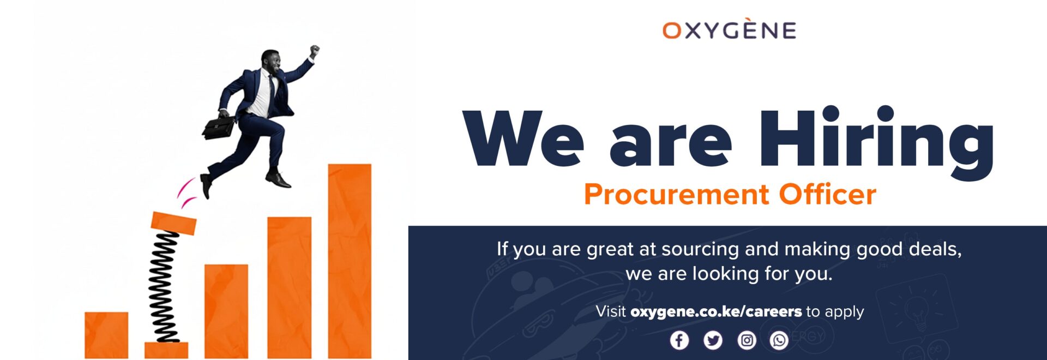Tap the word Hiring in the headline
877,143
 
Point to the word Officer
827,194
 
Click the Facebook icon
679,340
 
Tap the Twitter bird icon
713,340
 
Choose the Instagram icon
747,340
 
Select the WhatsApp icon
779,340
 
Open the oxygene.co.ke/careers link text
716,312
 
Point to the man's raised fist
314,50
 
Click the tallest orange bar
350,261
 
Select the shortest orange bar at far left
106,335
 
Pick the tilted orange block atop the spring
173,223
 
